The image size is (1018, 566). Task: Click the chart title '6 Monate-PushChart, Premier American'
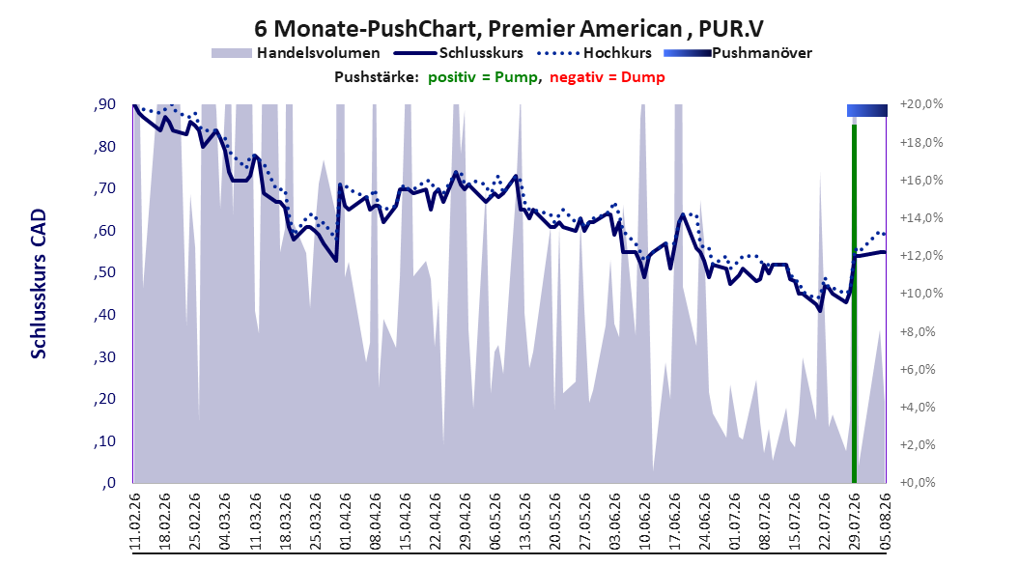pos(467,29)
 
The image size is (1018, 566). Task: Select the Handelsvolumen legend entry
pos(297,53)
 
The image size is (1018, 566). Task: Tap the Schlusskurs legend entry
pos(459,53)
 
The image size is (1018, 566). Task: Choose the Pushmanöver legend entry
pos(738,53)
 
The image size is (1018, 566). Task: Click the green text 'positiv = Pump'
pos(482,77)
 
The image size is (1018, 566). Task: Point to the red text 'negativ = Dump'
pos(608,77)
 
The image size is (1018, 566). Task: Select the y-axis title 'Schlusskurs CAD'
pos(39,284)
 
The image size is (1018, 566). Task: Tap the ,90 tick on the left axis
pos(104,104)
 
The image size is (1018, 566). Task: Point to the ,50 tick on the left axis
pos(104,272)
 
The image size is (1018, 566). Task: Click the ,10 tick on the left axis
pos(104,441)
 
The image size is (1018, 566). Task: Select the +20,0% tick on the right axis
pos(921,104)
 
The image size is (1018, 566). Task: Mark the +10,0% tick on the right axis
pos(921,294)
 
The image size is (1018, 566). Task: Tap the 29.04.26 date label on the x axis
pos(466,521)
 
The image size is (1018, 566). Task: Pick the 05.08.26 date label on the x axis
pos(885,521)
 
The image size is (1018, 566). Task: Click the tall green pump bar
pos(855,303)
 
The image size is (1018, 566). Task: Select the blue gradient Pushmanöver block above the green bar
pos(866,110)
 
